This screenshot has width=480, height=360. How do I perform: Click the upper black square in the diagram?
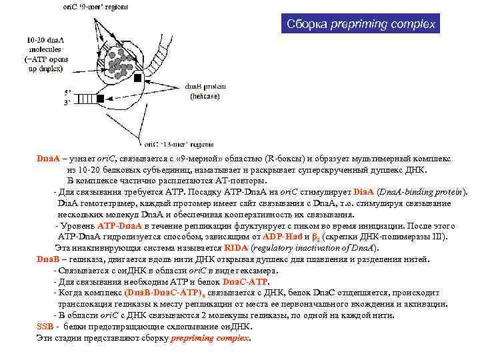[x=139, y=79]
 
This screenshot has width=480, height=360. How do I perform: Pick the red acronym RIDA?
[x=205, y=248]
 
